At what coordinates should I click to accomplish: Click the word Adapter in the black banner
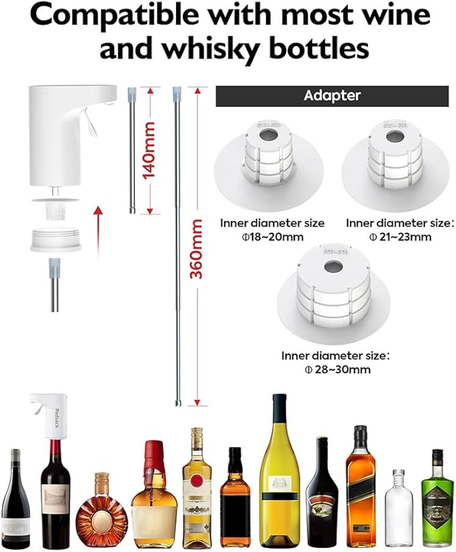[x=332, y=95]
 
